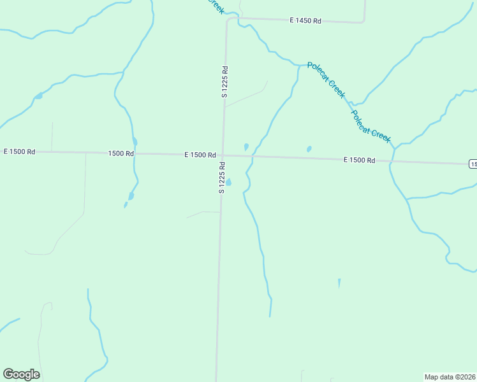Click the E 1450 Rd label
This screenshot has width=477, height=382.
305,21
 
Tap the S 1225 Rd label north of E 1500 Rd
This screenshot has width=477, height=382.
224,81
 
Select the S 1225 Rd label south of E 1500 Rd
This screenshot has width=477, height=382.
222,178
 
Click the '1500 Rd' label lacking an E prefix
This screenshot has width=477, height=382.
121,153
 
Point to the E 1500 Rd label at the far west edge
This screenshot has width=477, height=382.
19,152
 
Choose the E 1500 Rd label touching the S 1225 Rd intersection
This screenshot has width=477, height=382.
200,155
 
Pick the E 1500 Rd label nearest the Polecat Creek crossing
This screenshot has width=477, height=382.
359,160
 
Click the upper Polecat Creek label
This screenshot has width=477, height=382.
326,80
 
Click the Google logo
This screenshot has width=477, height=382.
22,374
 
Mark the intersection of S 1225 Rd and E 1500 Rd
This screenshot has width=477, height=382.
222,155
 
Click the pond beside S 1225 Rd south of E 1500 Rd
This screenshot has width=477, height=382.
228,182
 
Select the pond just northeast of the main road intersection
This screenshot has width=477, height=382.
246,146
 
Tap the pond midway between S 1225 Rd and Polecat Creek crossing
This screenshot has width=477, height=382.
309,149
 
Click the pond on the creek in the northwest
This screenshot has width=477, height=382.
39,95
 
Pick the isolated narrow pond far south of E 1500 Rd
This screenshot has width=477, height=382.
339,283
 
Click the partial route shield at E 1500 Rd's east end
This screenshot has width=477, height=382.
473,164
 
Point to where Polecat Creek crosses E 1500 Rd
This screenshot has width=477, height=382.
392,161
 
